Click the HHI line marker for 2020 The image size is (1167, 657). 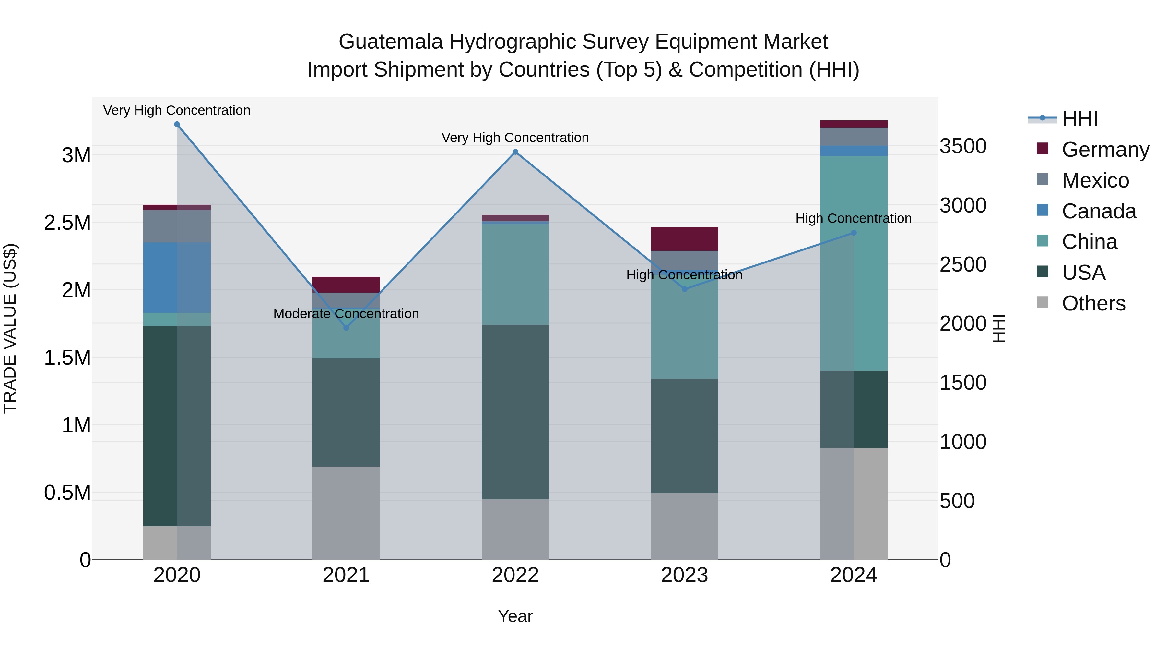tap(177, 124)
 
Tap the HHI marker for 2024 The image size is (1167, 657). tap(854, 233)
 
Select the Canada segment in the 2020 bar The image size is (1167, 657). tap(177, 277)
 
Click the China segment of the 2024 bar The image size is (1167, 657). tap(854, 263)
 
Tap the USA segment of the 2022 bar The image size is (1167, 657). tap(515, 412)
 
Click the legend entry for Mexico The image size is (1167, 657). tap(1095, 180)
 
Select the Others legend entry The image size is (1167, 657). tap(1093, 303)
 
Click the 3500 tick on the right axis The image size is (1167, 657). tap(963, 146)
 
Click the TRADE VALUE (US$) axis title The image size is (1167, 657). tap(10, 328)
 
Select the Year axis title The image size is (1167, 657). tap(515, 616)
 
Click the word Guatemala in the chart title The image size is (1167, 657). tap(391, 42)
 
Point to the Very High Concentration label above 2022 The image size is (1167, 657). tap(515, 137)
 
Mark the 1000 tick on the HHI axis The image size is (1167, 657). tap(963, 442)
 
